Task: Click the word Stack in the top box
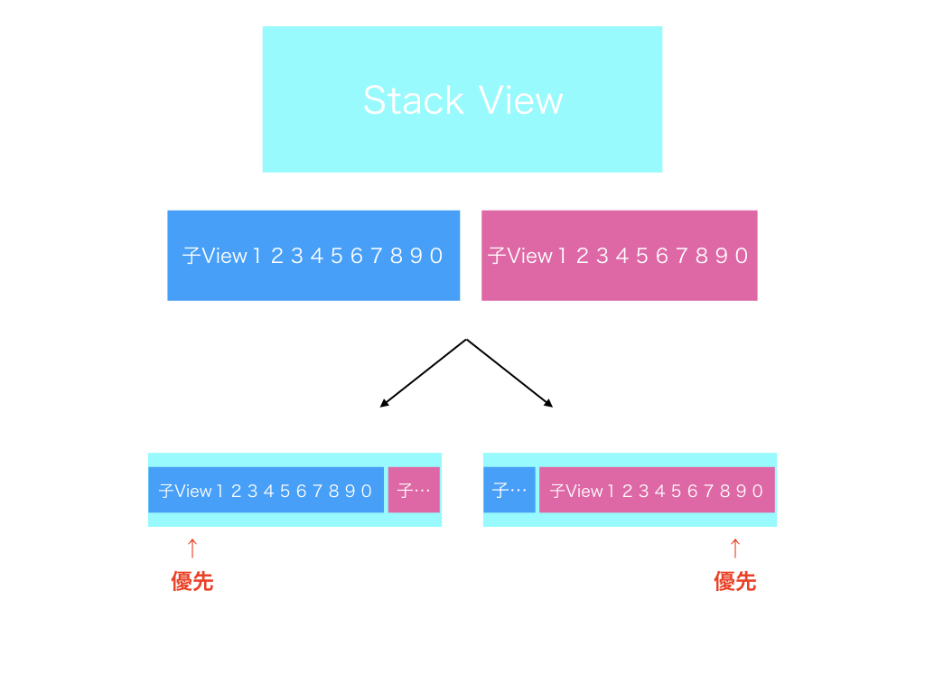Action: click(x=414, y=99)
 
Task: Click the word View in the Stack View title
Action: click(x=521, y=99)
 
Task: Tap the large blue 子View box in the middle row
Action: click(x=313, y=256)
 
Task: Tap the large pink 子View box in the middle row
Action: click(x=620, y=256)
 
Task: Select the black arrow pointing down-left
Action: click(x=423, y=373)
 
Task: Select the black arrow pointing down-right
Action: click(x=509, y=373)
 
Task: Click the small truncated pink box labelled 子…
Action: click(x=414, y=490)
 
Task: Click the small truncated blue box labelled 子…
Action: click(x=509, y=490)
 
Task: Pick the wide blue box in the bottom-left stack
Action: click(x=266, y=490)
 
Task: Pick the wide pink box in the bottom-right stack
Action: click(x=658, y=490)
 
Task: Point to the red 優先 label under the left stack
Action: click(x=192, y=581)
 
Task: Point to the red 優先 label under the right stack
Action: click(x=735, y=581)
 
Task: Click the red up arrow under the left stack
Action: click(x=192, y=549)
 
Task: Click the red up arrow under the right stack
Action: click(x=735, y=549)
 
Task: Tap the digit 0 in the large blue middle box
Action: click(x=436, y=256)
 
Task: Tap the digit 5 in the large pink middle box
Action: click(x=642, y=256)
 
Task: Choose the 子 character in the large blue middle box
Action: click(x=192, y=256)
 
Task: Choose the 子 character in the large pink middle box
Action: click(x=498, y=256)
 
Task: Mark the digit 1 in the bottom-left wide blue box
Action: click(x=220, y=491)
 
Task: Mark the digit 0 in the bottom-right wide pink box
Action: click(x=758, y=491)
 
